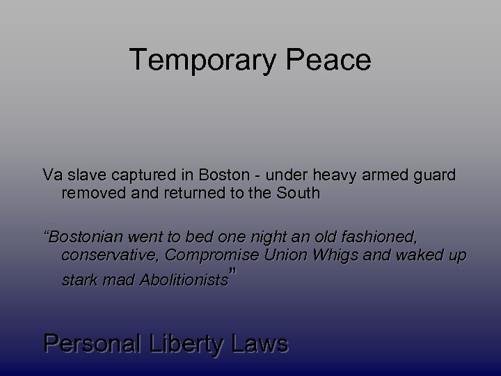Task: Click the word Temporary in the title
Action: [x=205, y=61]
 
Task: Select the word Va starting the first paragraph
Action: [x=51, y=175]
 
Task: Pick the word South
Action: [x=300, y=193]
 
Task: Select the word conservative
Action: [x=110, y=256]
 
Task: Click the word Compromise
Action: [x=213, y=256]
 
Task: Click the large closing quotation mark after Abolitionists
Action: [x=234, y=273]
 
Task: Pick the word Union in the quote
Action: [x=285, y=256]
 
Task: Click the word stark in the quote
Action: [x=77, y=281]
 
